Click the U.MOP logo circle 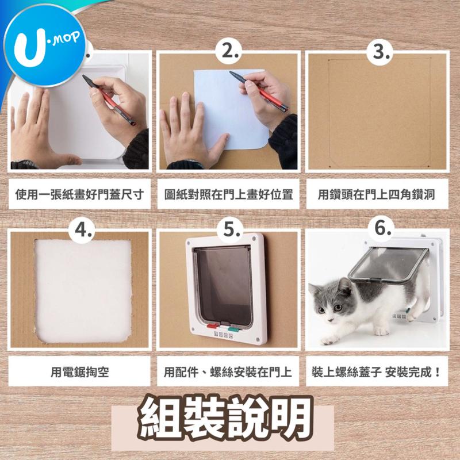(45, 45)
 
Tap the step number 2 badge (228, 52)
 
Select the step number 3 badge (379, 52)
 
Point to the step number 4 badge (82, 230)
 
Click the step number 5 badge (231, 230)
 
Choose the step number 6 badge (382, 229)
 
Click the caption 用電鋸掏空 (79, 372)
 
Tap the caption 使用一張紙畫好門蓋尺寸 (79, 194)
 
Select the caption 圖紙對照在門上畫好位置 (228, 194)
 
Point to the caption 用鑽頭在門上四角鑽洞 (377, 194)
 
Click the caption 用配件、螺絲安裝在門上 (228, 372)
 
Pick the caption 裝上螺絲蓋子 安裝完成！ (377, 372)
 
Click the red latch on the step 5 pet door (213, 325)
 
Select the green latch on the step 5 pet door (235, 329)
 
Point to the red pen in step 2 (258, 91)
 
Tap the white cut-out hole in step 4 (83, 291)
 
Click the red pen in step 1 (109, 99)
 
